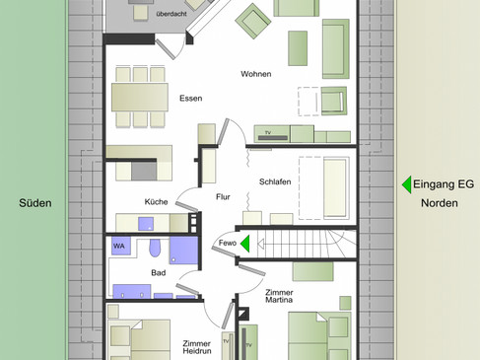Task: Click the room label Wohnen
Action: coord(256,74)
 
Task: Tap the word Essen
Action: coord(191,99)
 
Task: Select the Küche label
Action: coord(156,201)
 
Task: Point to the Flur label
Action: coord(223,197)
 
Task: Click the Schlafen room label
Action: coord(275,181)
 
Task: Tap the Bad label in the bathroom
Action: coord(159,272)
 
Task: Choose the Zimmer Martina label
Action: coord(279,296)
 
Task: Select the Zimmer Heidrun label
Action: coord(197,347)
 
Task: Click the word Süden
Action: coord(35,203)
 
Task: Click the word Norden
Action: coord(440,203)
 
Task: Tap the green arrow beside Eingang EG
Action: coord(407,184)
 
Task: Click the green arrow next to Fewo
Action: coord(245,244)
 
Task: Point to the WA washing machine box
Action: coord(121,246)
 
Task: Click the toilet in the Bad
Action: coord(155,248)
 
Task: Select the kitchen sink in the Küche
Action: coord(146,224)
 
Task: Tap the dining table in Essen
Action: coord(140,97)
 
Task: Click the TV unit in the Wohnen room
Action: coord(272,134)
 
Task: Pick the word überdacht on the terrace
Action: coord(171,14)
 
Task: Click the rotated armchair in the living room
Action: coord(253,21)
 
